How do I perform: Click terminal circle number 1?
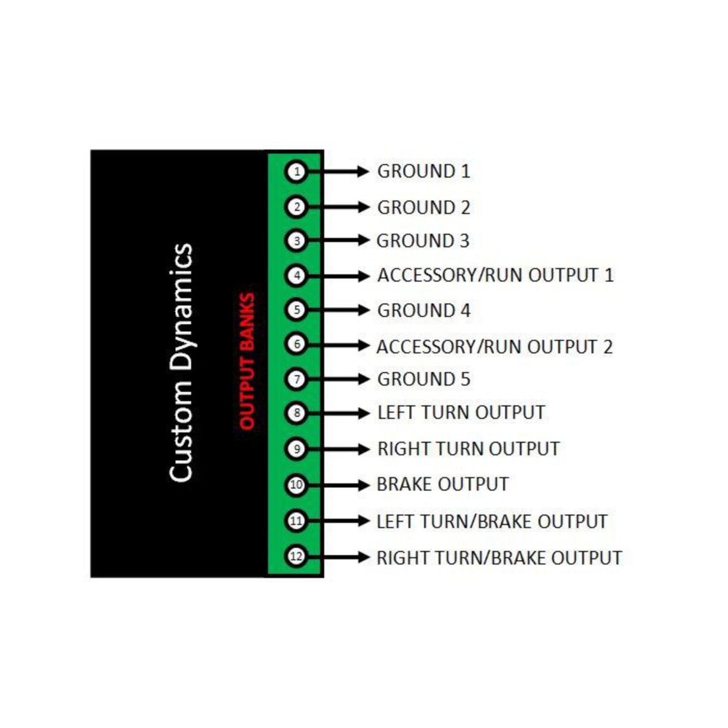click(x=296, y=172)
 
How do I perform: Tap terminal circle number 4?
click(x=296, y=276)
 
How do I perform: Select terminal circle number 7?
click(x=296, y=379)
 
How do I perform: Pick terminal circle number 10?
click(x=296, y=485)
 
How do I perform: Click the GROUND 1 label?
click(x=423, y=171)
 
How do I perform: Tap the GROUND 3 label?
click(x=423, y=241)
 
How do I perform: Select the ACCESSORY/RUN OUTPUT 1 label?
click(x=495, y=275)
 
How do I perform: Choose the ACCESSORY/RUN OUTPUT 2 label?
click(x=495, y=347)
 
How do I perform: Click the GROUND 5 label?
click(x=423, y=379)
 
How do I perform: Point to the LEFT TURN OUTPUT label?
click(x=461, y=412)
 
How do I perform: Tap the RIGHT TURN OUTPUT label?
click(x=469, y=449)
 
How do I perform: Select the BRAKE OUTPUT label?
click(x=443, y=484)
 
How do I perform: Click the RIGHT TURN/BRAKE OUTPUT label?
click(x=499, y=557)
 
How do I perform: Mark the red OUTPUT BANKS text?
click(x=247, y=361)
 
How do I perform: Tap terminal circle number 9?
click(x=296, y=449)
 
